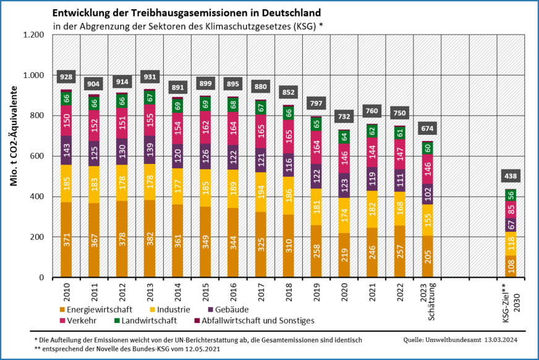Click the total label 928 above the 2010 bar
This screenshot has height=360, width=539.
click(x=66, y=77)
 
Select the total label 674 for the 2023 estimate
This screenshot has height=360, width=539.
click(x=427, y=129)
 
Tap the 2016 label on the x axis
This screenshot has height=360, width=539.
click(x=233, y=291)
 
